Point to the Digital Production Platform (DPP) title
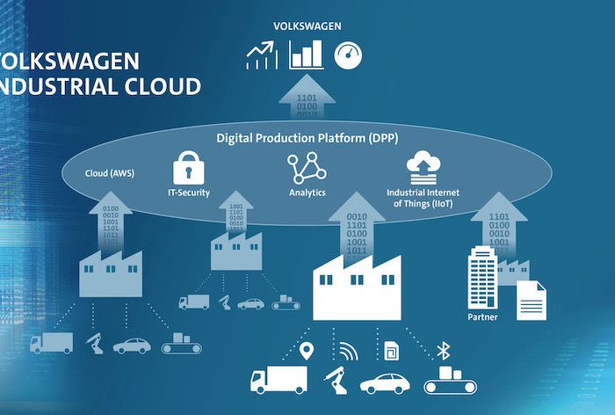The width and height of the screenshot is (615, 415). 307,138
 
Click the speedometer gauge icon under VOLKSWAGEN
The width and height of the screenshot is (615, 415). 348,56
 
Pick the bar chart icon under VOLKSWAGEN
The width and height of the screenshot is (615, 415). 307,55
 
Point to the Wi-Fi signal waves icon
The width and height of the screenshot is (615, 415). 349,353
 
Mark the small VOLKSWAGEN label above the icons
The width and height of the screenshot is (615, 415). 307,26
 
